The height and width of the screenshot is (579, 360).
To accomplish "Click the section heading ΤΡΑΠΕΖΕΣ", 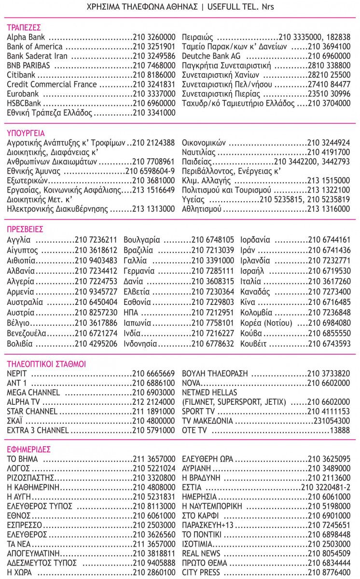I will [24, 27].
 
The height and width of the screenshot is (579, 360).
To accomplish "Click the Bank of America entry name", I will [34, 46].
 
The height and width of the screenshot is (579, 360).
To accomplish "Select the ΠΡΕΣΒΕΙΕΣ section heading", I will [25, 229].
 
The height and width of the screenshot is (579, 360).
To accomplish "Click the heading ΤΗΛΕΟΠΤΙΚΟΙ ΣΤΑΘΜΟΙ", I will [46, 363].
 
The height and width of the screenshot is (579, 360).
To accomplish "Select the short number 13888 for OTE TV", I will [339, 430].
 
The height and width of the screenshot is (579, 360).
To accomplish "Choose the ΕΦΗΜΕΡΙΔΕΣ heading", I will [29, 449].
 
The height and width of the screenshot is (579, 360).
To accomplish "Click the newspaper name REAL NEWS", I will [201, 553].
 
